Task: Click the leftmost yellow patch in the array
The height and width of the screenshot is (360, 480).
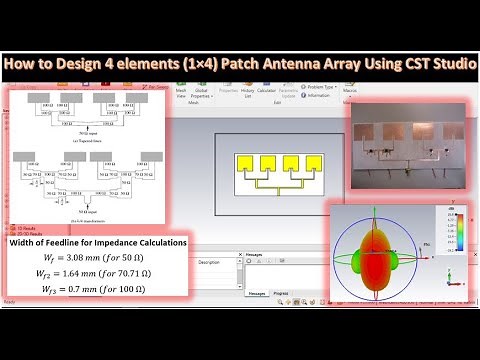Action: (x=244, y=164)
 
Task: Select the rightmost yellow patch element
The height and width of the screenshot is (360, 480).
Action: (x=314, y=164)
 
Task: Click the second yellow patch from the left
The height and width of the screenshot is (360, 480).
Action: (x=267, y=164)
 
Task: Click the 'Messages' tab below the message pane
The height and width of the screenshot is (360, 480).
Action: (x=257, y=293)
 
